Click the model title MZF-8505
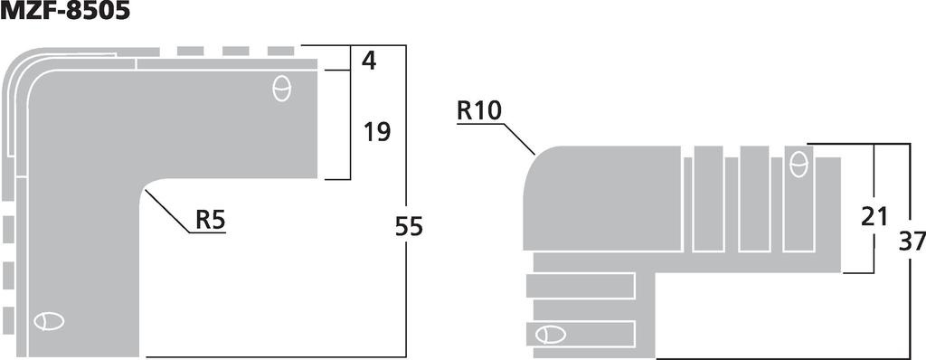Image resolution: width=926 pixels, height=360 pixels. [x=65, y=12]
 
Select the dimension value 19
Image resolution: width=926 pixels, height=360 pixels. [x=377, y=132]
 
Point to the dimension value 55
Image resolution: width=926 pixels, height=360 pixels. [x=409, y=226]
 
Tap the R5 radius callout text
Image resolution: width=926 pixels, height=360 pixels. [x=209, y=220]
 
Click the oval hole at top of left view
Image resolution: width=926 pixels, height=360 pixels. [x=281, y=88]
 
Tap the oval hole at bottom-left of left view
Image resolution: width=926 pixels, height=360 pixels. [x=49, y=321]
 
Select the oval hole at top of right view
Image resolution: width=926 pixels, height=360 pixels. [x=798, y=165]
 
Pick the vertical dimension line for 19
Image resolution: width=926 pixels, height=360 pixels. [x=350, y=127]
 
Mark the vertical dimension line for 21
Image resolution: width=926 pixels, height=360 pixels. [x=874, y=181]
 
